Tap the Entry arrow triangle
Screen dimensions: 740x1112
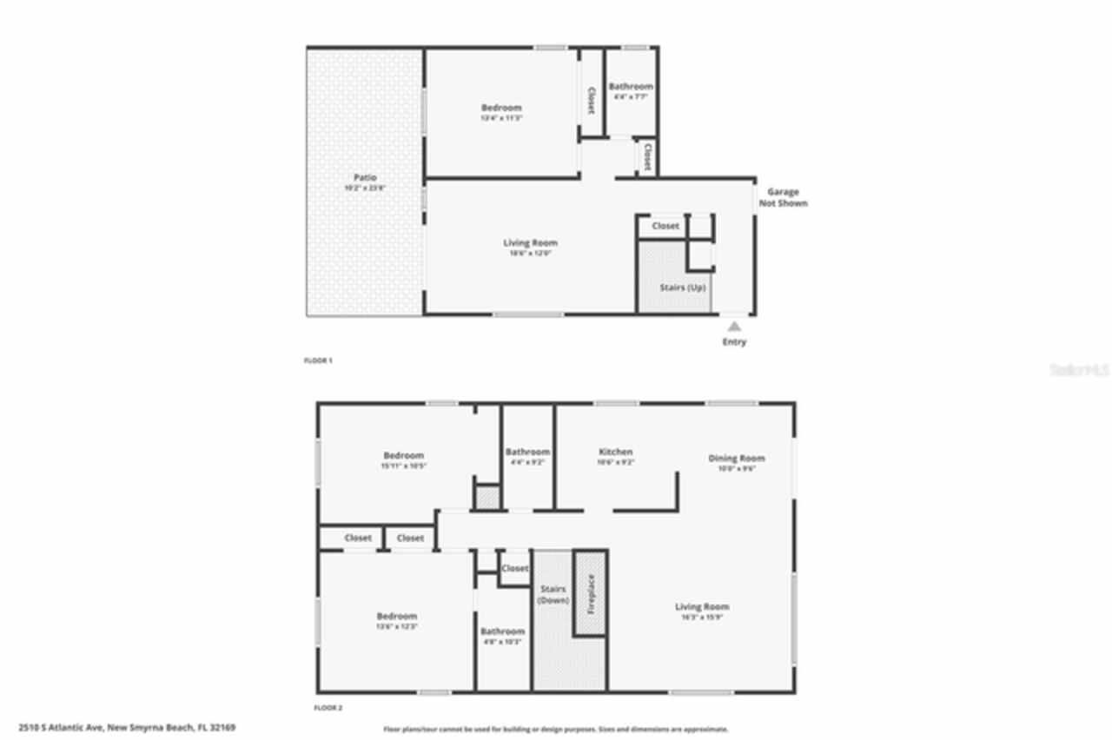734,327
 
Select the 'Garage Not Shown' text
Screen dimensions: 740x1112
783,197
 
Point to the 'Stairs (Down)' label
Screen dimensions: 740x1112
553,595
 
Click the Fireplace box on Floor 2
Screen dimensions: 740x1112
590,593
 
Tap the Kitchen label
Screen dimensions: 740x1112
616,452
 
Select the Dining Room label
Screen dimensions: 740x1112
737,458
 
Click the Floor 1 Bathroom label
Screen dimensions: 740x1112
631,87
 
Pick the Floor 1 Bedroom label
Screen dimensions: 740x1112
501,108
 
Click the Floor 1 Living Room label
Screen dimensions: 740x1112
530,243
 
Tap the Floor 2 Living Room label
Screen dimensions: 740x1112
702,606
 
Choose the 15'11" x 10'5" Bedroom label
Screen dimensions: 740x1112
404,456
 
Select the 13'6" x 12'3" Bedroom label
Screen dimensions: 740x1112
396,616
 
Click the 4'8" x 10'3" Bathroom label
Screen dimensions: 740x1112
502,631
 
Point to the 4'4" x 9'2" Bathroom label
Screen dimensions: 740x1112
528,452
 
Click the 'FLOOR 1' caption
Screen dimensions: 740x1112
318,360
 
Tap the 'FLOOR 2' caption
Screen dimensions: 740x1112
328,708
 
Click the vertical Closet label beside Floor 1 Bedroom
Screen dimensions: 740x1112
592,100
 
